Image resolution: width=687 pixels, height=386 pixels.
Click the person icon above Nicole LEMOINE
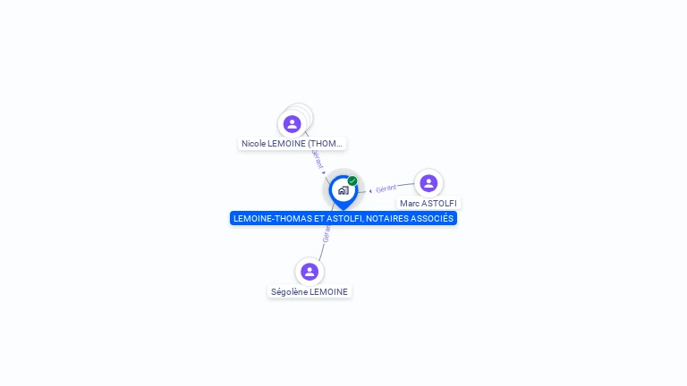292,124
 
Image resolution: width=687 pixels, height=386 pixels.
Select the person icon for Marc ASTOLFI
428,183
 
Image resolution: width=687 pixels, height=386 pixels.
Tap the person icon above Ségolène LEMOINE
310,271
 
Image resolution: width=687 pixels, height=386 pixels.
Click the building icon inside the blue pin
343,190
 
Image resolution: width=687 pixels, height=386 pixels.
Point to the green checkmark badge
352,180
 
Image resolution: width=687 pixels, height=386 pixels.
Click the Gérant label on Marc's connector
386,189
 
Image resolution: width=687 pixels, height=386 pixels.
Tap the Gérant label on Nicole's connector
318,159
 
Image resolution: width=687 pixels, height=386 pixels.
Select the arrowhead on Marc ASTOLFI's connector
370,190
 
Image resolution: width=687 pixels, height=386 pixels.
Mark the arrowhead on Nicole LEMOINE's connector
324,172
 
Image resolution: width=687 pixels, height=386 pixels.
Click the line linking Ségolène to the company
321,248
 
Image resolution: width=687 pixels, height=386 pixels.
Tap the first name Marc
409,204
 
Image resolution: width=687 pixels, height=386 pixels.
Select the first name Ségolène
289,291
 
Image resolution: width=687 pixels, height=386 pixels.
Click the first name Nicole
254,143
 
